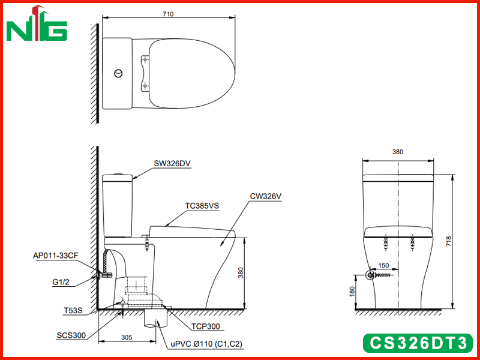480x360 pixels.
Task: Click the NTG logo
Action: pyautogui.click(x=37, y=23)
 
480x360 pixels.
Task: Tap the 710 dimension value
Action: pyautogui.click(x=168, y=14)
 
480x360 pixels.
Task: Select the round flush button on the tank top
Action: pyautogui.click(x=118, y=73)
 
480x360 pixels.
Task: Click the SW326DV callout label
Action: pyautogui.click(x=172, y=163)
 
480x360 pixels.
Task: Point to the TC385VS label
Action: pyautogui.click(x=202, y=206)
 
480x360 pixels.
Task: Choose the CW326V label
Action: pyautogui.click(x=265, y=196)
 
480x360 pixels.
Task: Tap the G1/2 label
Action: pyautogui.click(x=61, y=282)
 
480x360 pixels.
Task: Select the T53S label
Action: pyautogui.click(x=73, y=310)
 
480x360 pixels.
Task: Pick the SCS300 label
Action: pyautogui.click(x=71, y=335)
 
